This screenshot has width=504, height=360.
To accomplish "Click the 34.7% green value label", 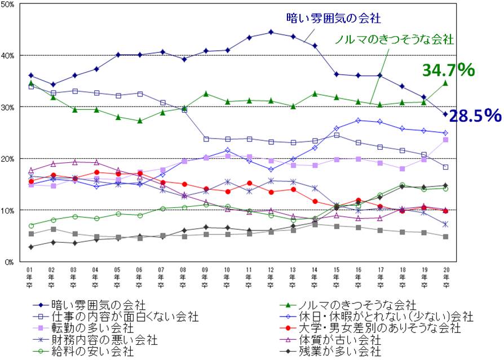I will coord(448,70).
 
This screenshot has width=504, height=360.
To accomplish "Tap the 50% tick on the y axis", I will coord(10,5).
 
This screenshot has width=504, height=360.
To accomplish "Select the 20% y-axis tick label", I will coord(10,159).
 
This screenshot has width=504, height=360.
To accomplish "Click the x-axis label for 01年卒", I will coord(30,277).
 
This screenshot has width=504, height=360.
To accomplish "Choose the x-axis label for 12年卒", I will coord(271,277).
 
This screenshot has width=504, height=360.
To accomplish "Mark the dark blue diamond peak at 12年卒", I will coord(271,32).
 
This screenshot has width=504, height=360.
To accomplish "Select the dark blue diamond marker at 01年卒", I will coord(31,75).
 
